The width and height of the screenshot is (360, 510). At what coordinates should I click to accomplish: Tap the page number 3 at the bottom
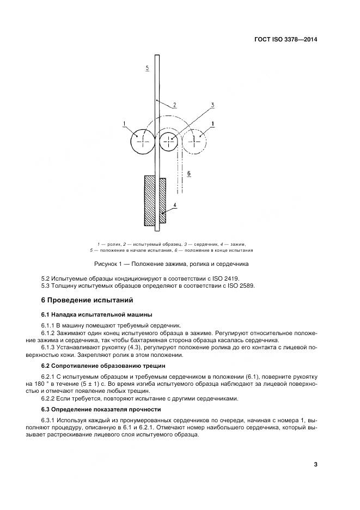(315, 464)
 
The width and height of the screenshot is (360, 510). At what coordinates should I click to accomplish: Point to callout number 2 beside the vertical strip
(173, 104)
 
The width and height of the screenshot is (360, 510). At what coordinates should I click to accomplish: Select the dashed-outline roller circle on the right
(194, 141)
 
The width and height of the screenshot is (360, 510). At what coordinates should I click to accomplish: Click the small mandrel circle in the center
(169, 141)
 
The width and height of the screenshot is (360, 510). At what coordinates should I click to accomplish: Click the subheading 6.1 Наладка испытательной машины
(97, 314)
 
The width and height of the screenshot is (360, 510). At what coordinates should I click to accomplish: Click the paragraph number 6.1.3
(50, 347)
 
